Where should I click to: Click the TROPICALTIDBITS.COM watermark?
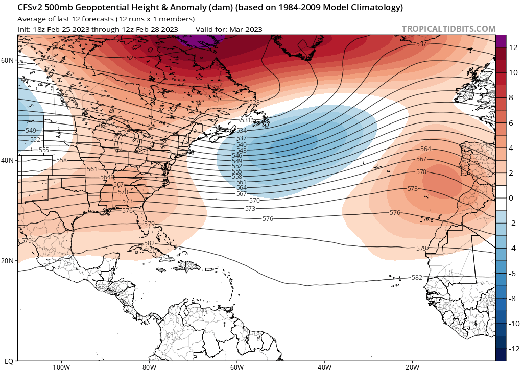(x=448, y=29)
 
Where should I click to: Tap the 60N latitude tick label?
(x=7, y=60)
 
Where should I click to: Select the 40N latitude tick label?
(x=7, y=160)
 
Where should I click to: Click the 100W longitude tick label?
(x=60, y=367)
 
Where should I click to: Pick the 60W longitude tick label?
(x=236, y=367)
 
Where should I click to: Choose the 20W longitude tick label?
(x=412, y=367)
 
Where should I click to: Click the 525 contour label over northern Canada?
(x=132, y=58)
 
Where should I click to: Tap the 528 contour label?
(x=254, y=103)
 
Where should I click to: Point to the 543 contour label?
(x=242, y=150)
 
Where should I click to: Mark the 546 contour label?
(x=237, y=156)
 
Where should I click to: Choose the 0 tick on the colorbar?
(x=512, y=198)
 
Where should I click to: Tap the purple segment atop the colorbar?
(x=501, y=41)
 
